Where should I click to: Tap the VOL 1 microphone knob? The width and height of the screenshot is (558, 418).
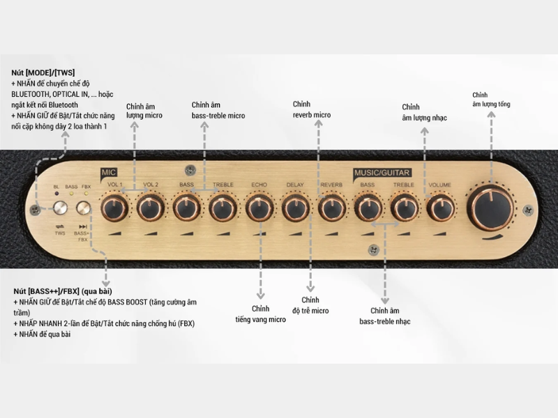click(114, 207)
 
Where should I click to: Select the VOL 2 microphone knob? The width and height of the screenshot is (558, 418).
click(150, 207)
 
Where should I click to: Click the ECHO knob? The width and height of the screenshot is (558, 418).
click(259, 207)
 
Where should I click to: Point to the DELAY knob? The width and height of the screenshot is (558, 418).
click(295, 207)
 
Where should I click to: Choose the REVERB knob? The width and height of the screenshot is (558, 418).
click(331, 207)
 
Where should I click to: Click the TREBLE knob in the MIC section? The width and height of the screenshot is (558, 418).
click(223, 207)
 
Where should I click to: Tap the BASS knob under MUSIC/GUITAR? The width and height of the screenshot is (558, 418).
click(368, 207)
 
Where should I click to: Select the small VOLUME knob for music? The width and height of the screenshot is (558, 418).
click(440, 207)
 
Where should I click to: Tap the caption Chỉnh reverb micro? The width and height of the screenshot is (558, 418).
click(311, 109)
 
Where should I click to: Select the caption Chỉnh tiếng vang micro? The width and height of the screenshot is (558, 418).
click(260, 314)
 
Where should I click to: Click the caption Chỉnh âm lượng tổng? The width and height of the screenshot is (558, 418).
click(490, 100)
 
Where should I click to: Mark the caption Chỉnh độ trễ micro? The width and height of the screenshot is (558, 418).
click(310, 305)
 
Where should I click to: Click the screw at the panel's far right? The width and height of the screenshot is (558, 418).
click(528, 209)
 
